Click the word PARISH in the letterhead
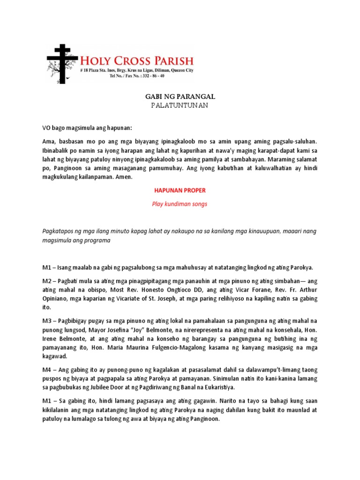(x=168, y=60)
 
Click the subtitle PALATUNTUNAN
(x=179, y=105)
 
